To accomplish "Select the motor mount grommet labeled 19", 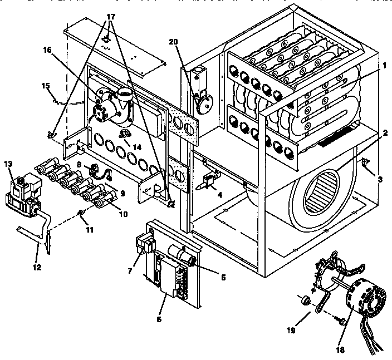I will click(304, 301).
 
